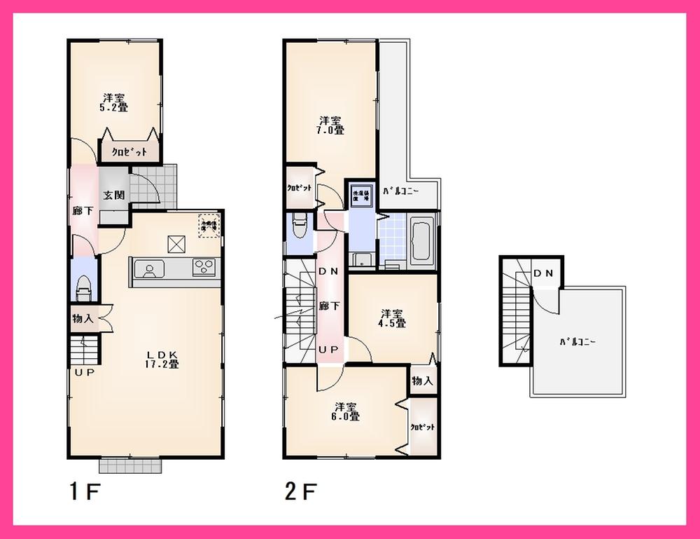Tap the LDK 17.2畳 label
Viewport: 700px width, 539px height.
pyautogui.click(x=163, y=358)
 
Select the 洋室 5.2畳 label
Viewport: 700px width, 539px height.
pyautogui.click(x=113, y=102)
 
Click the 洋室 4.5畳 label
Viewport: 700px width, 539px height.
pyautogui.click(x=393, y=318)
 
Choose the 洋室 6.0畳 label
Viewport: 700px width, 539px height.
pyautogui.click(x=346, y=411)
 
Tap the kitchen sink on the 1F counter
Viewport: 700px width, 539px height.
pyautogui.click(x=148, y=269)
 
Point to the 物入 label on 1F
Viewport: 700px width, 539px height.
pyautogui.click(x=83, y=319)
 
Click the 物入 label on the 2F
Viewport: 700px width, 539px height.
pyautogui.click(x=421, y=381)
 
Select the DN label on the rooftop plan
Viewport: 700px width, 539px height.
pyautogui.click(x=543, y=273)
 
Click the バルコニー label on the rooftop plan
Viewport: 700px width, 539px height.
pyautogui.click(x=577, y=343)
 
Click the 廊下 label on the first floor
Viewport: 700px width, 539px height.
pyautogui.click(x=81, y=210)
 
